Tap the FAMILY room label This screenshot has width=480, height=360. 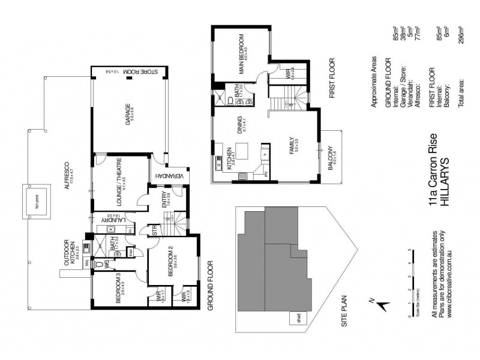click(295, 148)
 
